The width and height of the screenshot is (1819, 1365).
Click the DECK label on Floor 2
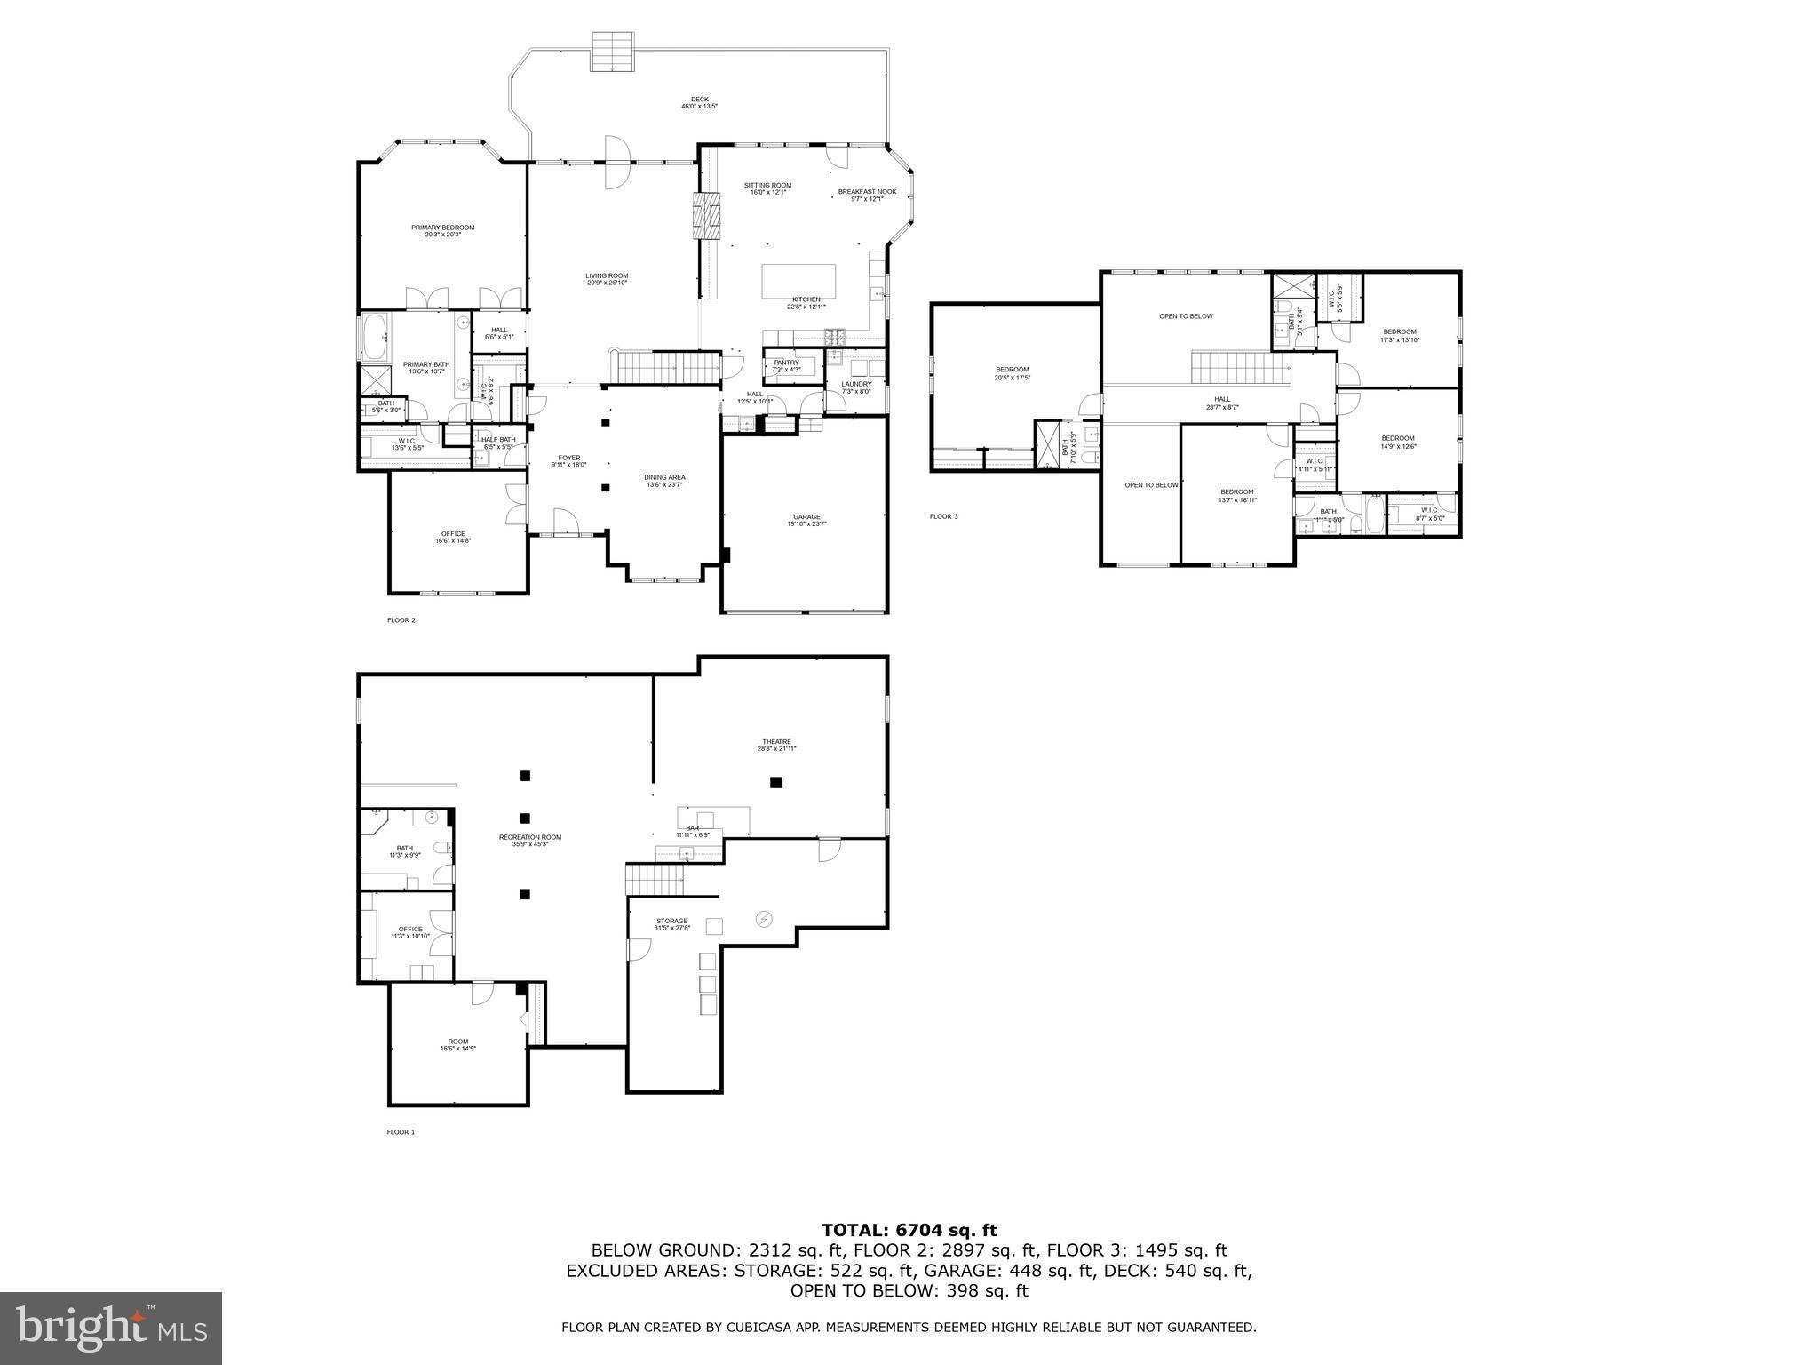700,102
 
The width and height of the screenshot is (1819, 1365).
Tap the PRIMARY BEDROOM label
442,230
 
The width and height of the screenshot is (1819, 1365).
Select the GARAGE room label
806,520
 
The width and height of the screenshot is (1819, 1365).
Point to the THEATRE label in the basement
776,745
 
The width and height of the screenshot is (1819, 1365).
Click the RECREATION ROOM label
529,840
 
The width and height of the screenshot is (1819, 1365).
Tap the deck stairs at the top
612,52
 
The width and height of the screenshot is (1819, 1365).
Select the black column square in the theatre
776,782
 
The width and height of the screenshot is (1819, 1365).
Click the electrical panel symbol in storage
764,919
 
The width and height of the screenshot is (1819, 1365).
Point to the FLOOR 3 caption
943,516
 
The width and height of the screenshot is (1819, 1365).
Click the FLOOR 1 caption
401,1132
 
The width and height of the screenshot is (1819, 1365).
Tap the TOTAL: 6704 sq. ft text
909,1231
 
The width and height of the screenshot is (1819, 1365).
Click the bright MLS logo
111,1328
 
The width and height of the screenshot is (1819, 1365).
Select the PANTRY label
786,365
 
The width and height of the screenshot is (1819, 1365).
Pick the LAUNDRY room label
856,387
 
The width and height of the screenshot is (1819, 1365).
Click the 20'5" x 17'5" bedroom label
1012,373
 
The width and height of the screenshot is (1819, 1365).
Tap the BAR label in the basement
692,831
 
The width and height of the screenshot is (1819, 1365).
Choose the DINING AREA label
664,481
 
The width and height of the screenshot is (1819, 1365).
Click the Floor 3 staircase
1240,369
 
